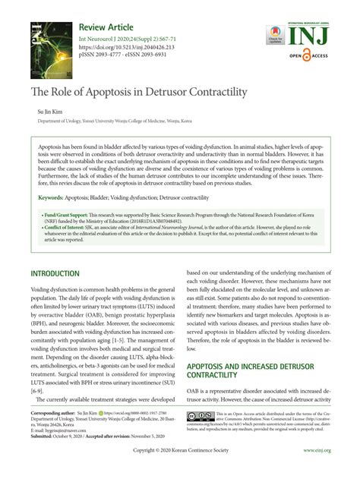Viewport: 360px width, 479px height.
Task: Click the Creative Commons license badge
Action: (x=201, y=415)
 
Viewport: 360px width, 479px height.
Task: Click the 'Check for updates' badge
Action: (x=274, y=33)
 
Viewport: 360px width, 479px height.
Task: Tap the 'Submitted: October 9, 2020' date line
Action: (x=64, y=436)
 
